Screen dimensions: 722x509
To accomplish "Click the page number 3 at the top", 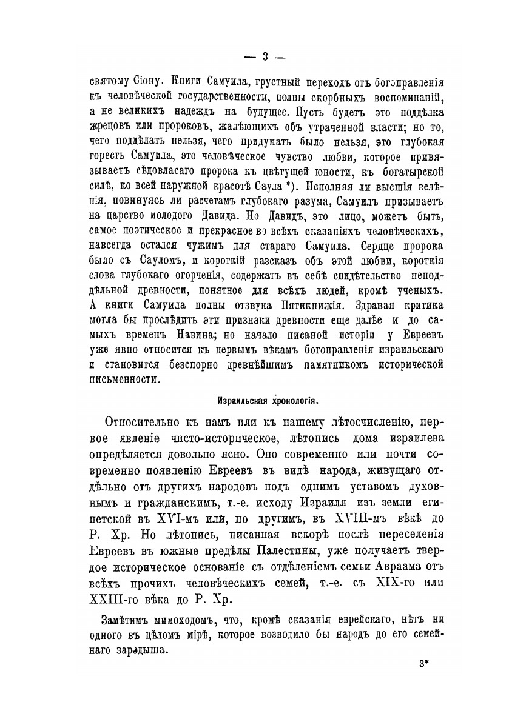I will coord(265,57).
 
